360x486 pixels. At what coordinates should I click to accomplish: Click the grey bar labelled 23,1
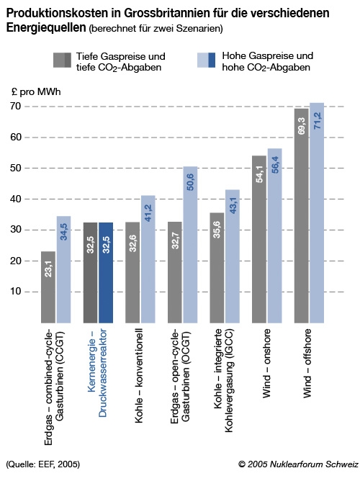pos(48,287)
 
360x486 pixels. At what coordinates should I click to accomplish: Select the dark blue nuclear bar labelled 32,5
pos(106,273)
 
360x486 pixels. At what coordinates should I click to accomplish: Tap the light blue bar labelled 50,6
pos(190,245)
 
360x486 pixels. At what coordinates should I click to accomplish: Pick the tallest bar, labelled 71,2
pos(317,213)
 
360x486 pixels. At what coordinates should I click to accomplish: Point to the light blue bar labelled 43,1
pos(233,256)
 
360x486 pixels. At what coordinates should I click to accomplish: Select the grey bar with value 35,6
pos(217,268)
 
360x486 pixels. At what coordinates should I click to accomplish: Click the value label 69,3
pos(302,126)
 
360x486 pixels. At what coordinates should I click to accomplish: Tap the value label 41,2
pos(148,213)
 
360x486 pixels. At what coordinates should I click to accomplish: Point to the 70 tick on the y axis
pos(16,107)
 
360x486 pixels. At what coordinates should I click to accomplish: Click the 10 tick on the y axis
pos(16,292)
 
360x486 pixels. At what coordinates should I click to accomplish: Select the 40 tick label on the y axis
pos(16,199)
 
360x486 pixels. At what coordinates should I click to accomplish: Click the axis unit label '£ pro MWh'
pos(36,92)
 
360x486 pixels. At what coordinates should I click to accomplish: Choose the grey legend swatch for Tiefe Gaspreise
pos(63,60)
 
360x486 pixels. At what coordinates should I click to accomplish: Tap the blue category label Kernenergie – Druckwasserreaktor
pos(97,373)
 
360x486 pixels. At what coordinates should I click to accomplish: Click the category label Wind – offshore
pos(307,364)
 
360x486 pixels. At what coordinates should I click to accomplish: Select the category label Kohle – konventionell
pos(139,376)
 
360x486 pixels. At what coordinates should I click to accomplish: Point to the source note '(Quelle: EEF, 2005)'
pos(43,464)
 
